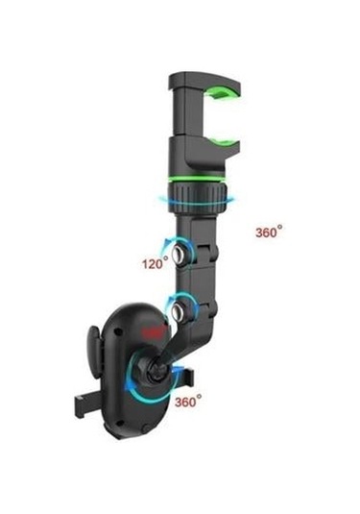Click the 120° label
[154, 261]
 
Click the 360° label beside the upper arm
[270, 232]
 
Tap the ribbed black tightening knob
[198, 199]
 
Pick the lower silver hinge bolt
[179, 310]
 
